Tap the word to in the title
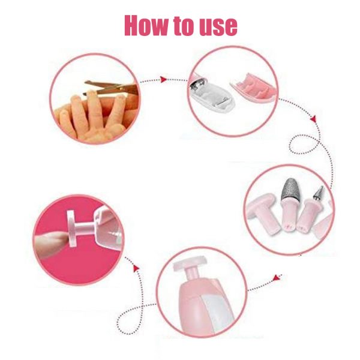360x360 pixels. click(x=184, y=26)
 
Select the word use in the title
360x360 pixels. click(x=218, y=28)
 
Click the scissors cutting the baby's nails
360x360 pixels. click(x=112, y=88)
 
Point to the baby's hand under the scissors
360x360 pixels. click(x=94, y=116)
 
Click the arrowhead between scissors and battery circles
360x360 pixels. click(x=163, y=79)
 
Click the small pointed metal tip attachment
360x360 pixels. click(x=319, y=193)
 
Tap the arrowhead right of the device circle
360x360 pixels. click(x=277, y=278)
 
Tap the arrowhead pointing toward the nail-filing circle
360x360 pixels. click(x=136, y=268)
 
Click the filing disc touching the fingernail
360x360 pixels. click(x=71, y=228)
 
